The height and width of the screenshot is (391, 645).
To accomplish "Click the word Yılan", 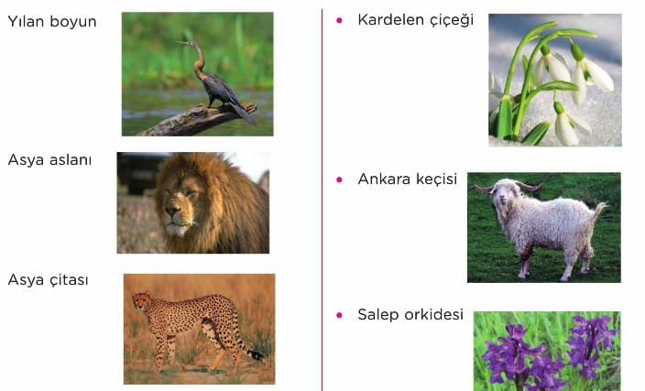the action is [x=26, y=21].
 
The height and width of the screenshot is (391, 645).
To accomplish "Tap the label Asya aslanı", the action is [x=49, y=159].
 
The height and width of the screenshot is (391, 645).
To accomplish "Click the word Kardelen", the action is [x=390, y=19].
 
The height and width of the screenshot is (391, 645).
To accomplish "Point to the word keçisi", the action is [x=436, y=179].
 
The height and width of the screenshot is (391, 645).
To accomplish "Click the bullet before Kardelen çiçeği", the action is [x=339, y=20].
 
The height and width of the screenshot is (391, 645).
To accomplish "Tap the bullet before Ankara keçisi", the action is [x=339, y=179].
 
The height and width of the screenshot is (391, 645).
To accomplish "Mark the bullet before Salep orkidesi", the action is [x=339, y=315].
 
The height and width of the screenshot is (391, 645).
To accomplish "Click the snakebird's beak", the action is [x=182, y=42].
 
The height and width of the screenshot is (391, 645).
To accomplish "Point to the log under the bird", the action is [x=198, y=120].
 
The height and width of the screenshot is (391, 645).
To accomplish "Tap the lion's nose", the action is [x=173, y=211].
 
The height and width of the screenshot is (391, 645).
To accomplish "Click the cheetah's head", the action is [x=141, y=300].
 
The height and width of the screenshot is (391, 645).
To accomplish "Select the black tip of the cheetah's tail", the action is [x=257, y=354].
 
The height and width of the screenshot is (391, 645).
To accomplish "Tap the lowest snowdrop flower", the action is [x=565, y=125].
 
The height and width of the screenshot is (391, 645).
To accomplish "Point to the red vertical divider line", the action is [x=322, y=200].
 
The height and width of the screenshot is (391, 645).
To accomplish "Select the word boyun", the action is [x=72, y=22].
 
